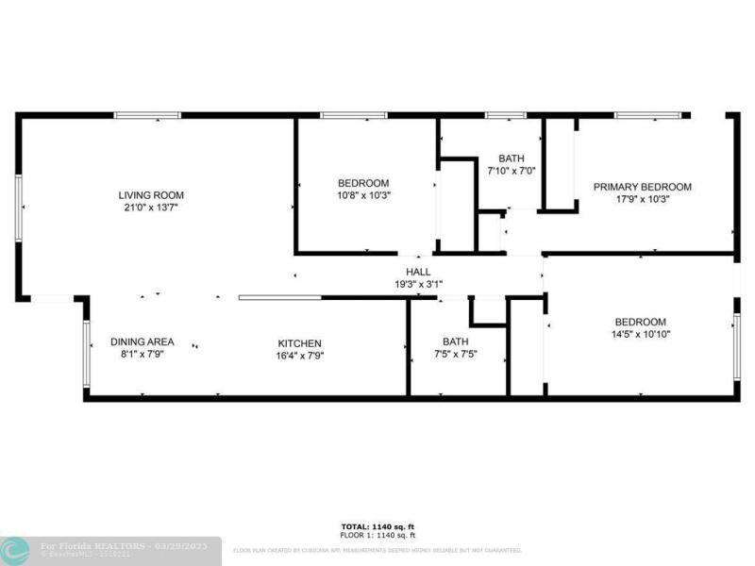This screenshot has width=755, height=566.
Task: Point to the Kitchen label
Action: (299, 342)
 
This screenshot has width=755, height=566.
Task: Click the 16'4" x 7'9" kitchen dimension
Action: (299, 355)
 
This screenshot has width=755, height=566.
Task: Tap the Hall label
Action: (418, 272)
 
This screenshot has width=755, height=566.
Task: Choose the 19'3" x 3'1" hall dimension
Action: (418, 283)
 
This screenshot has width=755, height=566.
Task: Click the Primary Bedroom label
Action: (642, 187)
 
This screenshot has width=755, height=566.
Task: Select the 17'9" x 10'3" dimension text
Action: (642, 198)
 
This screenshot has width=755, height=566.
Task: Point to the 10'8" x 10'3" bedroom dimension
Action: (363, 194)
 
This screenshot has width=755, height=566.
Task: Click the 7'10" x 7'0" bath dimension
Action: (511, 171)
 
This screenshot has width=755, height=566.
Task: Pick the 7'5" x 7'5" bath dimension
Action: (456, 354)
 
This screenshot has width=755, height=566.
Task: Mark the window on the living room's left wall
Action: (18, 207)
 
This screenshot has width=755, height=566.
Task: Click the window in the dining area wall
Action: (86, 353)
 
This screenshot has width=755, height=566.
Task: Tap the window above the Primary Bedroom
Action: (649, 115)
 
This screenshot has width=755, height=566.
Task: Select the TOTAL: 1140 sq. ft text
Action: (377, 525)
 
